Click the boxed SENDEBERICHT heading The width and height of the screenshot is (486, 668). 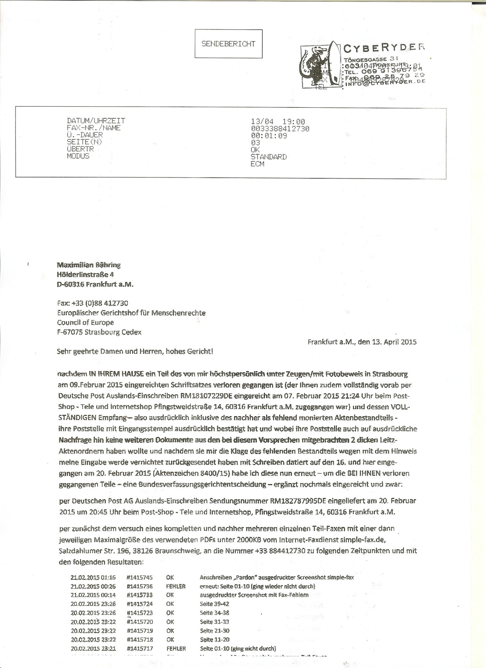(228, 44)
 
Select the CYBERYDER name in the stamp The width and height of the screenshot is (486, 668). (384, 48)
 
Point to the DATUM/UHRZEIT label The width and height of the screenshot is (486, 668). (96, 121)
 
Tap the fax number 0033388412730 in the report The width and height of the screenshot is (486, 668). (280, 129)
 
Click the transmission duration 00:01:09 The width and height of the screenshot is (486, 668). (268, 135)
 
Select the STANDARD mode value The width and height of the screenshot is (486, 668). (268, 157)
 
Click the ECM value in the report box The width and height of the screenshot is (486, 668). (257, 164)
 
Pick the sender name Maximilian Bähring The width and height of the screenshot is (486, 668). (88, 265)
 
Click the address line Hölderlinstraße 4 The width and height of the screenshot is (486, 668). (85, 274)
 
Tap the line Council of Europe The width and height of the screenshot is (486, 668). (85, 323)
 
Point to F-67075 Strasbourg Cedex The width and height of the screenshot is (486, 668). (99, 332)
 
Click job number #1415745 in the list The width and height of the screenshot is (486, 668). (140, 577)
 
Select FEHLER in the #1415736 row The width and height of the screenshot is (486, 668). (175, 586)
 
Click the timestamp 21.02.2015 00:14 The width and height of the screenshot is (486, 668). (93, 595)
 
